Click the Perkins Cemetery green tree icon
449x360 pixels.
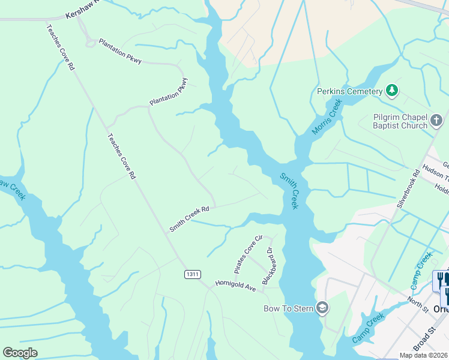392,91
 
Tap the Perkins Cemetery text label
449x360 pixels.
349,91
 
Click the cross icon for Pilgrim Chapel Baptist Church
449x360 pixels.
437,122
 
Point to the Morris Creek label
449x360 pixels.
327,117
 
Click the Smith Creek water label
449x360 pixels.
289,191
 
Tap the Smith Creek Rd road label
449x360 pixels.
189,218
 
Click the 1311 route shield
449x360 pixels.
192,274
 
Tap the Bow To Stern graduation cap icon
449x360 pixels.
322,308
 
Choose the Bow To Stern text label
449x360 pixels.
289,309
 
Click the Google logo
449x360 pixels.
20,352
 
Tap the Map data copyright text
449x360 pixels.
423,355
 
